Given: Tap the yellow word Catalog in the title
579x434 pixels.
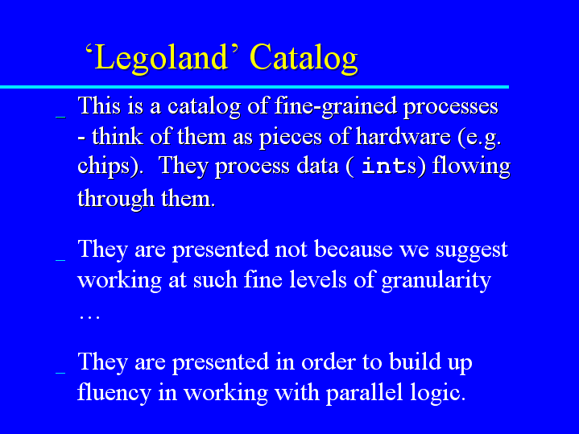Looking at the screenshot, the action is pos(304,58).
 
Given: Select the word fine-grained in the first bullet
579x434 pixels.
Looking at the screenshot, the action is pos(335,107).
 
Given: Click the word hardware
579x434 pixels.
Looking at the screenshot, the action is pos(403,137).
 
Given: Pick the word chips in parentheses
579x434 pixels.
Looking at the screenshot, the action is pos(103,166).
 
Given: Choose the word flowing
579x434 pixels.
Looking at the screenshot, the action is pos(471,166).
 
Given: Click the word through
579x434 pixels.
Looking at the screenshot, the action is pos(116,199).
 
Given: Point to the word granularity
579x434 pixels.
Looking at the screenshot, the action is pos(436,281).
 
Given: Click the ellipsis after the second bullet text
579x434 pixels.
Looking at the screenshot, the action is pos(89,318).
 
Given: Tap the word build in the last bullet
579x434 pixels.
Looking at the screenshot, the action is pos(415,362).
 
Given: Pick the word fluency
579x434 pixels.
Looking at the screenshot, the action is pos(114,393).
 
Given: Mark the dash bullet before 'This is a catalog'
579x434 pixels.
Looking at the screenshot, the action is pos(60,117).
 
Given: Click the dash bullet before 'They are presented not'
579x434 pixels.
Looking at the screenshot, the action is pos(60,260).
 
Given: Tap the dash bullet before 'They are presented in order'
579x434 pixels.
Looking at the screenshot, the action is pos(60,373).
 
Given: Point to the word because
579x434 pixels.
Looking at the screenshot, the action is pos(354,249).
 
